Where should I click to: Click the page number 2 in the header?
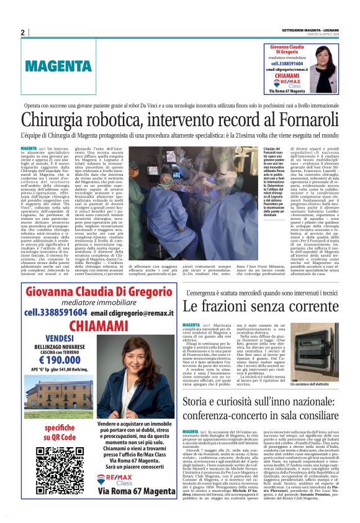point(22,32)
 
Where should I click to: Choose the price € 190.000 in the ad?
point(58,360)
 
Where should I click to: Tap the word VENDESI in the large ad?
point(59,337)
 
